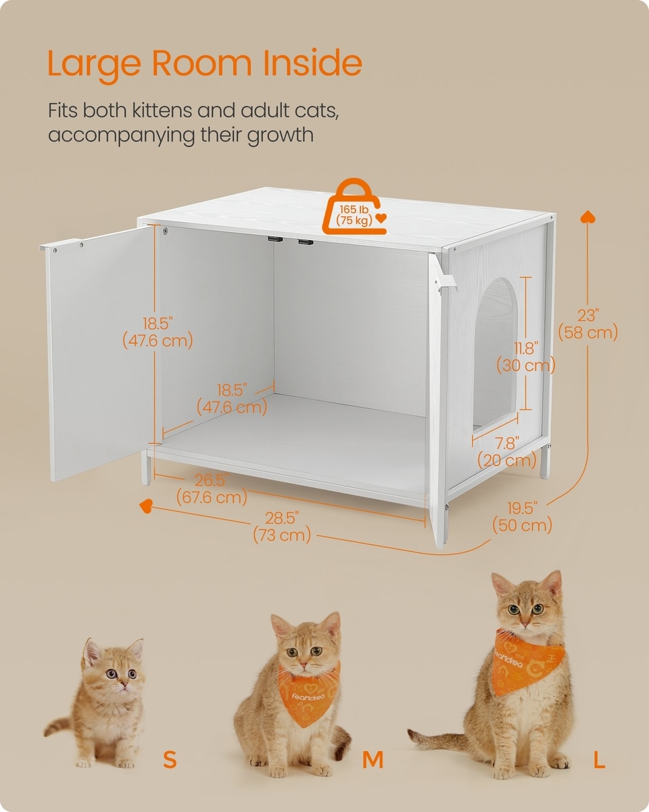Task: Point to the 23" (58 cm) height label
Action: [x=588, y=324]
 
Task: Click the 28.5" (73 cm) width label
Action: [x=282, y=527]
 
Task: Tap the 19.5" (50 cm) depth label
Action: [x=523, y=517]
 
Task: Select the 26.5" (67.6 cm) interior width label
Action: [x=212, y=489]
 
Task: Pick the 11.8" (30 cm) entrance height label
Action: [x=526, y=357]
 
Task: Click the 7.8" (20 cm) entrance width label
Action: [x=507, y=451]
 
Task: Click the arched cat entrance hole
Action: [x=495, y=355]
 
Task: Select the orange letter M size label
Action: [x=372, y=759]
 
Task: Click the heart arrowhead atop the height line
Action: [x=587, y=217]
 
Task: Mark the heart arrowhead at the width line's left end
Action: [x=146, y=506]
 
